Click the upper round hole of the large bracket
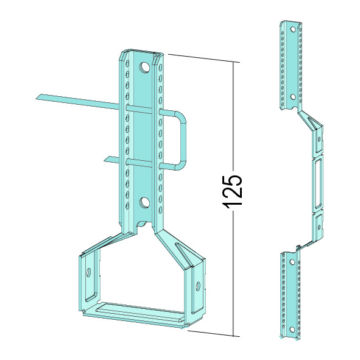(x=144, y=68)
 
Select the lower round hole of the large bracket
(x=144, y=203)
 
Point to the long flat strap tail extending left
(x=77, y=101)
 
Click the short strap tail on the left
(x=111, y=160)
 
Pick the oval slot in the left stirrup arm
(x=88, y=272)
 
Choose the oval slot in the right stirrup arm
(x=198, y=286)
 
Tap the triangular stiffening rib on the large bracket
(x=184, y=253)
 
